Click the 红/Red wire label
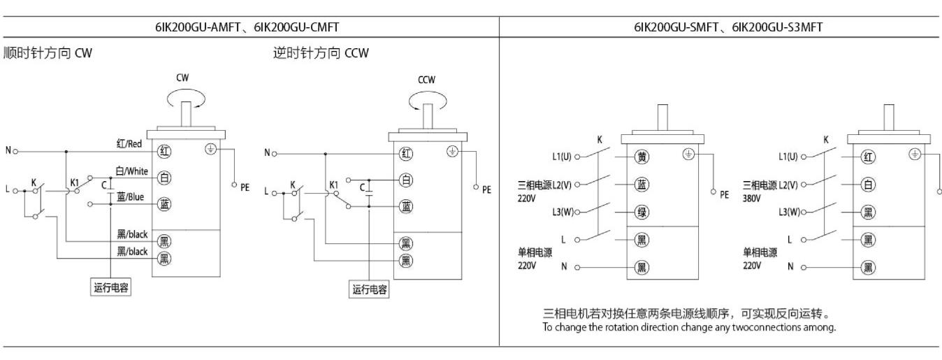[x=130, y=143]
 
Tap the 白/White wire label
[x=131, y=171]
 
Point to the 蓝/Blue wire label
[x=131, y=197]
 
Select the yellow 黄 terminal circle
[x=640, y=157]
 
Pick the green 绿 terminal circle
[x=640, y=212]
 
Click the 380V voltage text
[x=752, y=197]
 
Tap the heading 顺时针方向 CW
[x=47, y=54]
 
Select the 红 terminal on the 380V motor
[x=867, y=157]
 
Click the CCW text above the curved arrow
[x=426, y=79]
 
